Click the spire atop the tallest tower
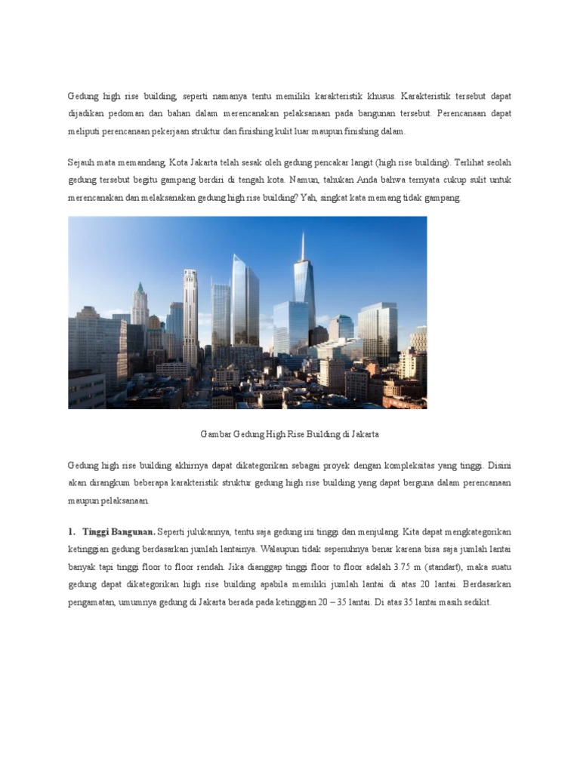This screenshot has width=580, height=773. [x=304, y=245]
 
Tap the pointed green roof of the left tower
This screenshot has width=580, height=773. [x=140, y=289]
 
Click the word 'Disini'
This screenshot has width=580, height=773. [x=499, y=466]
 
